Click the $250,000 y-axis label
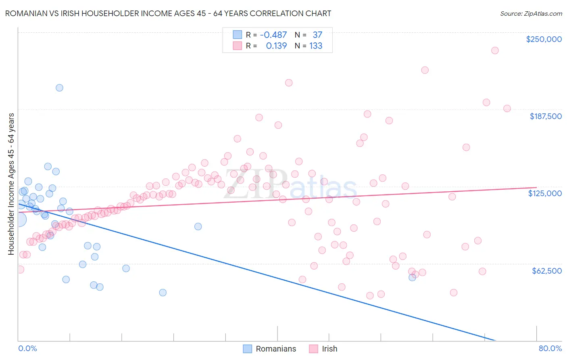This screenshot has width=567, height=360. click(x=544, y=39)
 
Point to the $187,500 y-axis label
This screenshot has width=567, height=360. click(x=545, y=116)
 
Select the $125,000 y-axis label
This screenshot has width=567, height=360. click(x=545, y=193)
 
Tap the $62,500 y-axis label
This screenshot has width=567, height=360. click(x=546, y=271)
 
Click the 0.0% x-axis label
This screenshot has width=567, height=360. click(x=27, y=348)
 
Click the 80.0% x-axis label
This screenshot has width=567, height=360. click(x=550, y=348)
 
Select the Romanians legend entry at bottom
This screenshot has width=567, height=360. click(x=275, y=349)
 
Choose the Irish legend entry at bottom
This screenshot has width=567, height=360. click(x=329, y=349)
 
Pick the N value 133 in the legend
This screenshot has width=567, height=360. click(x=315, y=46)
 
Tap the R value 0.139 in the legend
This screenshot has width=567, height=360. click(x=276, y=46)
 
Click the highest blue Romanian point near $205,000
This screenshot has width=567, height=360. click(x=59, y=88)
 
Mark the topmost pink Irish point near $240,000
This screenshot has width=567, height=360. click(x=495, y=50)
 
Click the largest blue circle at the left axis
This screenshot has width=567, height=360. click(x=19, y=220)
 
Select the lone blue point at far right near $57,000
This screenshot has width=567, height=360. click(x=412, y=277)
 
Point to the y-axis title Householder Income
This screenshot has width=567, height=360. click(x=11, y=184)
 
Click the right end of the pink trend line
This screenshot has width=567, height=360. click(x=536, y=187)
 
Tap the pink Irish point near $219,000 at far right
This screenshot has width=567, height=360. click(x=425, y=70)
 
